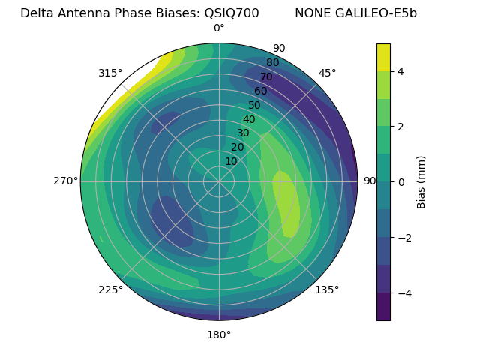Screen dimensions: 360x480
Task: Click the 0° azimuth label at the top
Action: click(x=219, y=28)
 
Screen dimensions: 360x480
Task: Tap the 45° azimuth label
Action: click(x=328, y=73)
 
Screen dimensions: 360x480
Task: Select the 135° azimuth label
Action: click(x=327, y=289)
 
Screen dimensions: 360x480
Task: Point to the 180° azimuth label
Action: click(x=219, y=334)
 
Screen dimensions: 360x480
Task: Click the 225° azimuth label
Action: click(x=110, y=290)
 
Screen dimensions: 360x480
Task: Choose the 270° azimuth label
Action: click(x=66, y=181)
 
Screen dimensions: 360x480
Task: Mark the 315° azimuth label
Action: click(x=110, y=73)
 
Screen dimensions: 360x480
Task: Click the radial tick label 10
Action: click(x=231, y=161)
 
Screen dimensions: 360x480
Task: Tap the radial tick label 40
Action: click(x=249, y=120)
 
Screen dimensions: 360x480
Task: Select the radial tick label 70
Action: click(x=266, y=76)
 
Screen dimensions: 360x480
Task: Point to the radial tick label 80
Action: click(x=272, y=63)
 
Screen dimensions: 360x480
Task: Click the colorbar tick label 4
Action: click(x=401, y=71)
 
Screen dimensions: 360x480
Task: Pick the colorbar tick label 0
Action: click(x=401, y=182)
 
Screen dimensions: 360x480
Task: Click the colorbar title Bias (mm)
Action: click(x=421, y=182)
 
